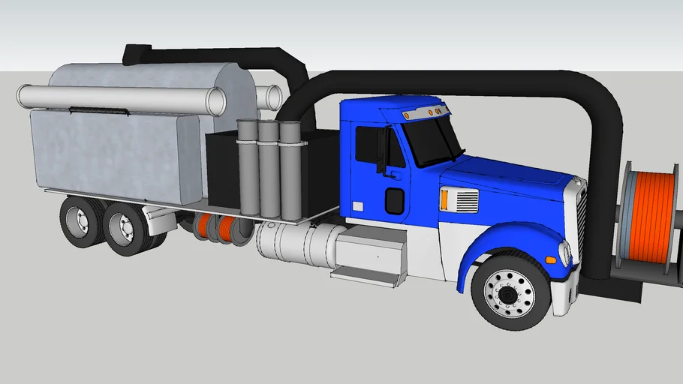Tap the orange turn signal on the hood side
(444, 199)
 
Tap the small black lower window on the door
(394, 200)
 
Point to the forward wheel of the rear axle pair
(125, 226)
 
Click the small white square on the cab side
(358, 205)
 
